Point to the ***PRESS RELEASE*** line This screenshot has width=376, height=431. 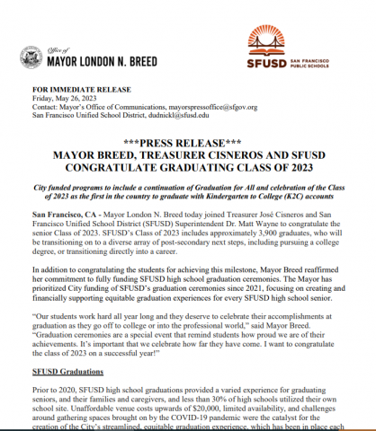pos(187,143)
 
